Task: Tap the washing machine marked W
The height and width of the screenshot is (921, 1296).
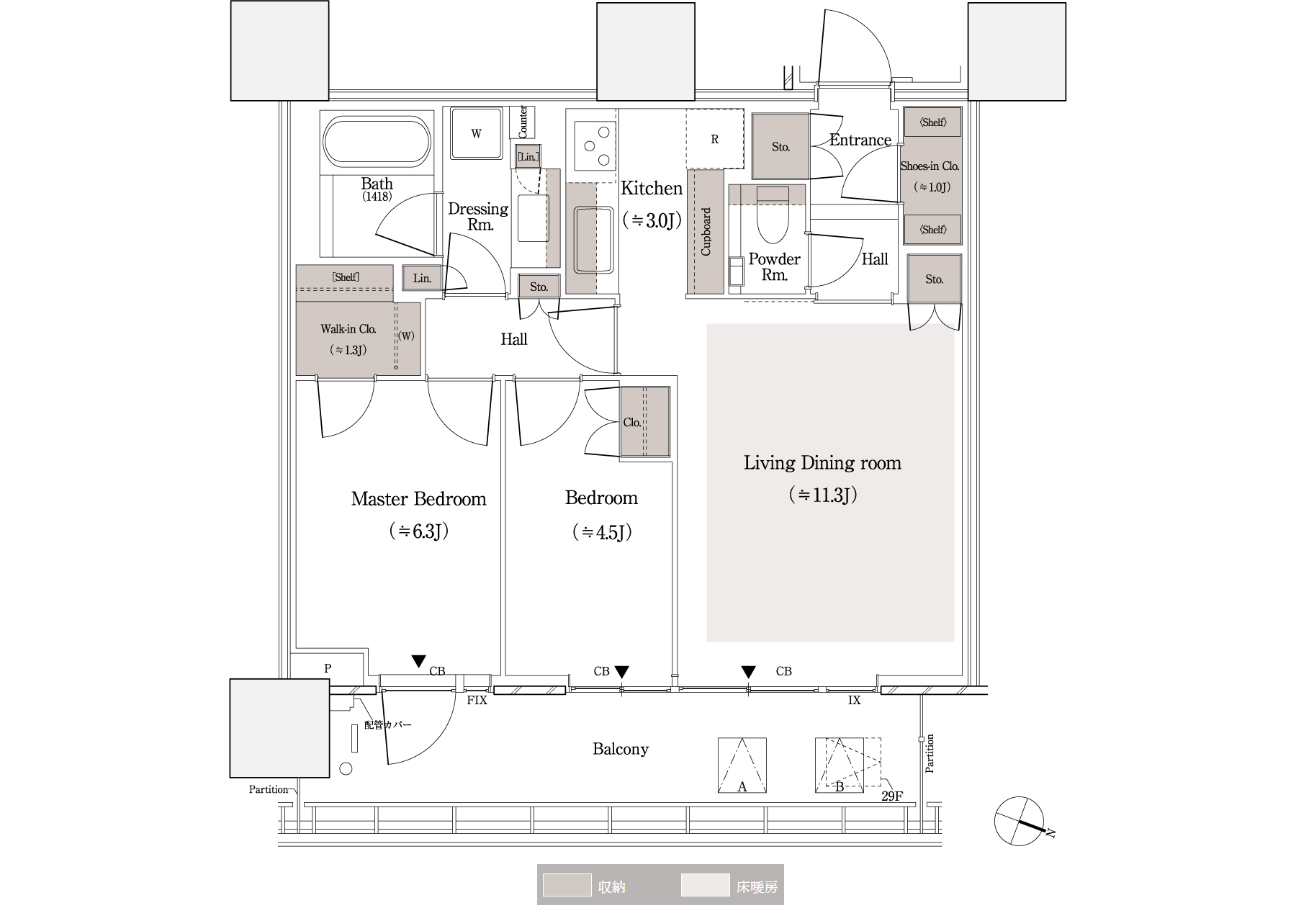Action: [x=476, y=133]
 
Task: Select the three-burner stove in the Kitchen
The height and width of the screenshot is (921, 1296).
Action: [x=595, y=145]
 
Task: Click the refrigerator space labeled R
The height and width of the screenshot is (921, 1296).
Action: [x=714, y=139]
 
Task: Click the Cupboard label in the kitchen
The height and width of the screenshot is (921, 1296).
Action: [x=706, y=232]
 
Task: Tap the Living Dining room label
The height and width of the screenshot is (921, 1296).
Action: [x=822, y=462]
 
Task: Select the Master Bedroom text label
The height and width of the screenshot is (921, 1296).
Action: [x=418, y=498]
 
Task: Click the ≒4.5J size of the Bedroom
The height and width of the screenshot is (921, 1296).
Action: [x=602, y=532]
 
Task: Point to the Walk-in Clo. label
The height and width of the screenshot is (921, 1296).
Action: [x=348, y=329]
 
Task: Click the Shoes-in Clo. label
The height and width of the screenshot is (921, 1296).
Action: [x=930, y=166]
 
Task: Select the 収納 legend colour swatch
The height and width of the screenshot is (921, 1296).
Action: [x=567, y=886]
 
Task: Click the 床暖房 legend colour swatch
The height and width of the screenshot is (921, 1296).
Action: [x=705, y=886]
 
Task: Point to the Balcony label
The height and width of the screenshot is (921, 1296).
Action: [x=621, y=749]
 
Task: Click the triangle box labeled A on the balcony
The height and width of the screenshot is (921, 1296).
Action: [x=742, y=765]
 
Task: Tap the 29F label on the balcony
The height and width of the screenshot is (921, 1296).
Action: [x=891, y=796]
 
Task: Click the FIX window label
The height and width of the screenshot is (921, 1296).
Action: [x=477, y=700]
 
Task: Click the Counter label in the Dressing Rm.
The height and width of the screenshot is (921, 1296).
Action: [x=523, y=122]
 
